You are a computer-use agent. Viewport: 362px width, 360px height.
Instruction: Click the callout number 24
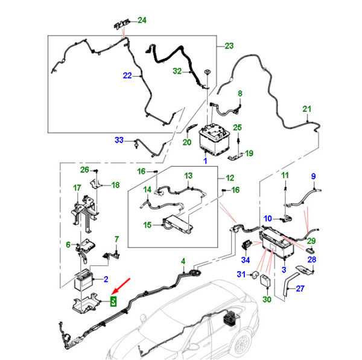coord(142,21)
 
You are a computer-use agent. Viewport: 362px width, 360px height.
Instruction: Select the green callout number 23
coord(229,46)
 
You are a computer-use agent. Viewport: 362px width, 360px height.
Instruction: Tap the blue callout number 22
coord(127,76)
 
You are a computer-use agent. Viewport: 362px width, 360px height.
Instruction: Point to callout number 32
coord(177,71)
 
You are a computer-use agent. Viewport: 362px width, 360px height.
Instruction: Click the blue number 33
coord(119,140)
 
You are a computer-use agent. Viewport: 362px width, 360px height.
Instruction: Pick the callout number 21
coord(307,109)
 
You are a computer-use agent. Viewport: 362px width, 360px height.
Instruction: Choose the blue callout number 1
coord(205,161)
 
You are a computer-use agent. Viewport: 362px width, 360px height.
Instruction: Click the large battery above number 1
coord(214,139)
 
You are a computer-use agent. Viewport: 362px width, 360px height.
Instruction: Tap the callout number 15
coord(147,225)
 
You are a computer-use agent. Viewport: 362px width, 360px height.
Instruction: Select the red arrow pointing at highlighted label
coord(121,286)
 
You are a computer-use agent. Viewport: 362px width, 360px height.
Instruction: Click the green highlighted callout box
coord(113,301)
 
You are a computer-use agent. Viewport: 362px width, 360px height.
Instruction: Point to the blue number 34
coord(246,260)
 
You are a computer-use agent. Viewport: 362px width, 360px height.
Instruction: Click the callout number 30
coord(267,300)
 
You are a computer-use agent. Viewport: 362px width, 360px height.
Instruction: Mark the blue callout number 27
coord(300,289)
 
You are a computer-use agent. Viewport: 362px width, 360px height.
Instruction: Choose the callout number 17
coord(77,188)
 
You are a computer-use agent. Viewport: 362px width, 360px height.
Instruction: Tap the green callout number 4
coord(183,262)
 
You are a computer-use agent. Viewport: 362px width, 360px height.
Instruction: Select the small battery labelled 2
coord(83,280)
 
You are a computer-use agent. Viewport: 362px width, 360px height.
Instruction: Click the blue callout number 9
coord(313,176)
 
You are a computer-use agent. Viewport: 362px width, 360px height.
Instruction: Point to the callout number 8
coord(240,94)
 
